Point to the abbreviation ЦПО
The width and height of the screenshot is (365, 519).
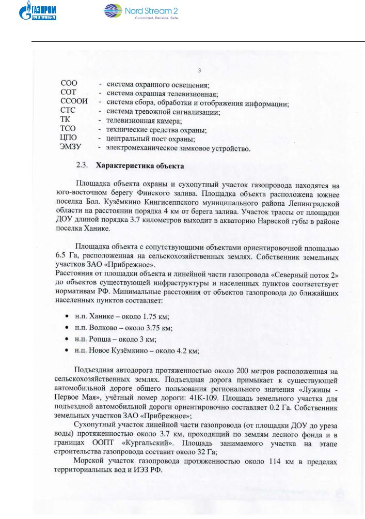pyautogui.click(x=70, y=140)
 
